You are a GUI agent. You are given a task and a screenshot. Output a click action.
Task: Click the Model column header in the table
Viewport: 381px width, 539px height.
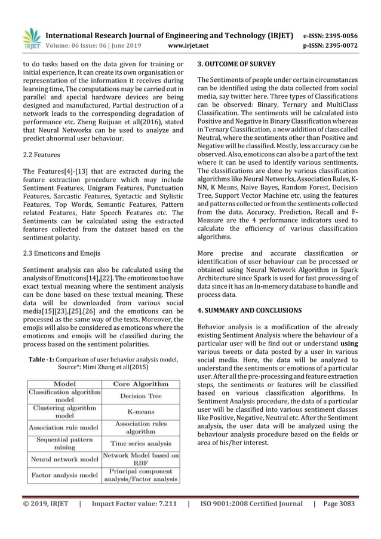[x=64, y=383]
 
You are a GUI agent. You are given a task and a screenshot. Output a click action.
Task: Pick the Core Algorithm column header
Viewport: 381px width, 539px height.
[x=141, y=383]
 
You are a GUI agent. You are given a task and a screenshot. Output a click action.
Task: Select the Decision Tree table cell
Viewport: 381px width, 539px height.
[x=141, y=396]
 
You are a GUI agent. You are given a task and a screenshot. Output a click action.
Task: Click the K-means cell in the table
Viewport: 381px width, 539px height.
[x=141, y=412]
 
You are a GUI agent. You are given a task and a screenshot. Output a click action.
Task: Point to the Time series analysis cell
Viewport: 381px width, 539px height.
[x=141, y=444]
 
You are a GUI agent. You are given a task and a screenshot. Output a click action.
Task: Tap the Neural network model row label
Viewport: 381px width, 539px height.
[x=64, y=460]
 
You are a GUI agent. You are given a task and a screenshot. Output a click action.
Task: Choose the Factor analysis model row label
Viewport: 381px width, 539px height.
[x=64, y=476]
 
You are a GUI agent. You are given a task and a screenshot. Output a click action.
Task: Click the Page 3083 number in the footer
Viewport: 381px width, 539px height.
[x=338, y=503]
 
